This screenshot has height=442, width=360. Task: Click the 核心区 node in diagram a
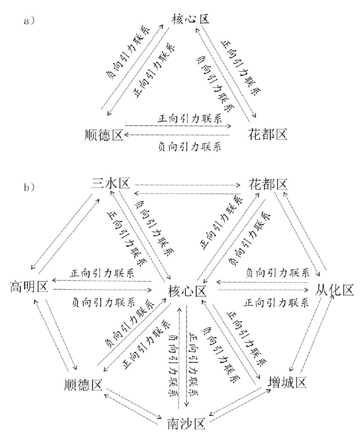click(190, 19)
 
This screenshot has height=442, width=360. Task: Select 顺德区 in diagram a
click(104, 135)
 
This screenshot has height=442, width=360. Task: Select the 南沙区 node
click(187, 422)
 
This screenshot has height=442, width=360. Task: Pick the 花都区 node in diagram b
click(267, 184)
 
